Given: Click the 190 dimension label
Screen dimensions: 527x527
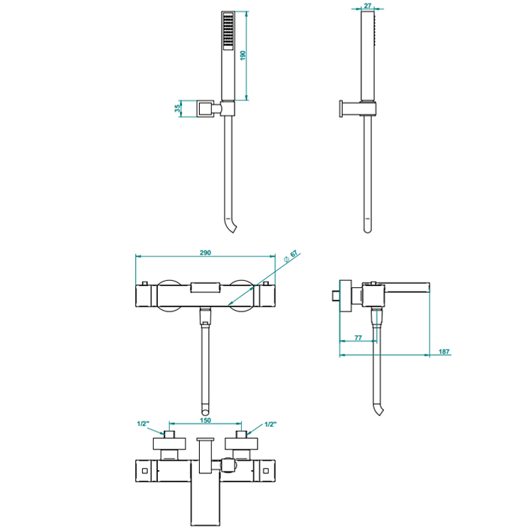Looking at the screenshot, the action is click(x=243, y=55).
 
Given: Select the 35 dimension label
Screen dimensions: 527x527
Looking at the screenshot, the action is click(x=178, y=109).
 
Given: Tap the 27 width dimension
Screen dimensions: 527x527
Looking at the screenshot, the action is click(x=368, y=6).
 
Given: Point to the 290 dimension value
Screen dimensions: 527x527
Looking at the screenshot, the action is click(x=206, y=252).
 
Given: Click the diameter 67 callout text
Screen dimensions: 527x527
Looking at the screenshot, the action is click(x=291, y=256).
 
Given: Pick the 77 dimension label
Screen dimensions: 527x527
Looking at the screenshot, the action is click(x=358, y=337).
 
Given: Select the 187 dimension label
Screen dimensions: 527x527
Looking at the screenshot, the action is click(x=444, y=351).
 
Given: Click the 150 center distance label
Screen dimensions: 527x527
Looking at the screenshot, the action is click(x=206, y=420).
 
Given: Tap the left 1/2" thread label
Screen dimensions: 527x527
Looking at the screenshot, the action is click(x=143, y=423).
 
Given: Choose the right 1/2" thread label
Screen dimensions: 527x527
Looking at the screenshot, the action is click(x=270, y=425).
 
